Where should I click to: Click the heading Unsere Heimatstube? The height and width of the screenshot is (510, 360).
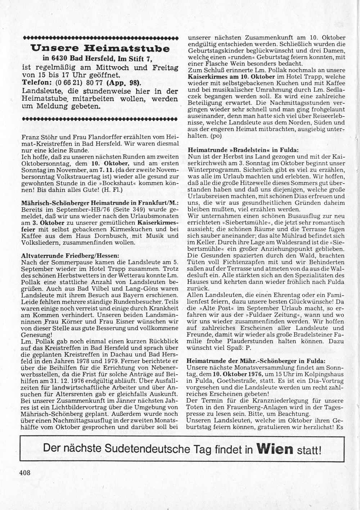point(100,48)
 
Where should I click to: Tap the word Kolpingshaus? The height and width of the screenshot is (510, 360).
point(321,374)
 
